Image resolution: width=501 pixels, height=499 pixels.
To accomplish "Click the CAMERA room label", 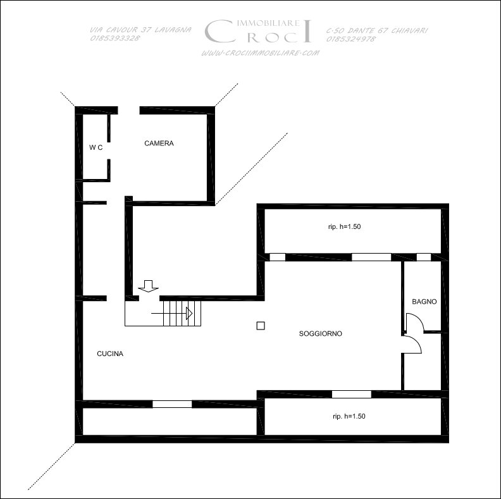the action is tap(159, 143).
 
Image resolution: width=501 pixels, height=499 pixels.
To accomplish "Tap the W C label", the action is tap(96, 147).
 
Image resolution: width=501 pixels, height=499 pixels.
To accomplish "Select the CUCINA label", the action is tap(110, 354).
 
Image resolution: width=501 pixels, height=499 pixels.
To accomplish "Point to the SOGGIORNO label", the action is tap(321, 333).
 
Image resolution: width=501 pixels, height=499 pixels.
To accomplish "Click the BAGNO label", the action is tap(424, 302).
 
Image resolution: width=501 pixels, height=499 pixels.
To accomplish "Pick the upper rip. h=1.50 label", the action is tap(344, 226).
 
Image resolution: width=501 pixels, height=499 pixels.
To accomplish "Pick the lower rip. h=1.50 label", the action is tap(349, 416).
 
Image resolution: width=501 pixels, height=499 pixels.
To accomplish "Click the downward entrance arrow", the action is tap(148, 286).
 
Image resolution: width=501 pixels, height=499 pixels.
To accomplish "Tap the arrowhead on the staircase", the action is tap(189, 314).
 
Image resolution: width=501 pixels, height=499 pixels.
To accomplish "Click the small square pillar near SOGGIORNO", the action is tap(261, 326).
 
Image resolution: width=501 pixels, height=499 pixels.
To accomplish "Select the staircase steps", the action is tap(182, 314).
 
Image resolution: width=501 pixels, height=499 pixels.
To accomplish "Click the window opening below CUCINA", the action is tap(172, 404).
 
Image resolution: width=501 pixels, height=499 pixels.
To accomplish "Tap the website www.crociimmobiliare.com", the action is tap(260, 53).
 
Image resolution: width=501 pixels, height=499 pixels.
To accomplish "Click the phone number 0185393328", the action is tap(115, 38).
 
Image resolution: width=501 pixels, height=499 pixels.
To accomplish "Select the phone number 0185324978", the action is tap(351, 39).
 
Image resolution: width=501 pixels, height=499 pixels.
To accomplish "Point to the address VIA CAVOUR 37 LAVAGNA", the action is tap(140, 30).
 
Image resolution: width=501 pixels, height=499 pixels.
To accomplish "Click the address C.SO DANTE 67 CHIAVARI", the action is tap(377, 30).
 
